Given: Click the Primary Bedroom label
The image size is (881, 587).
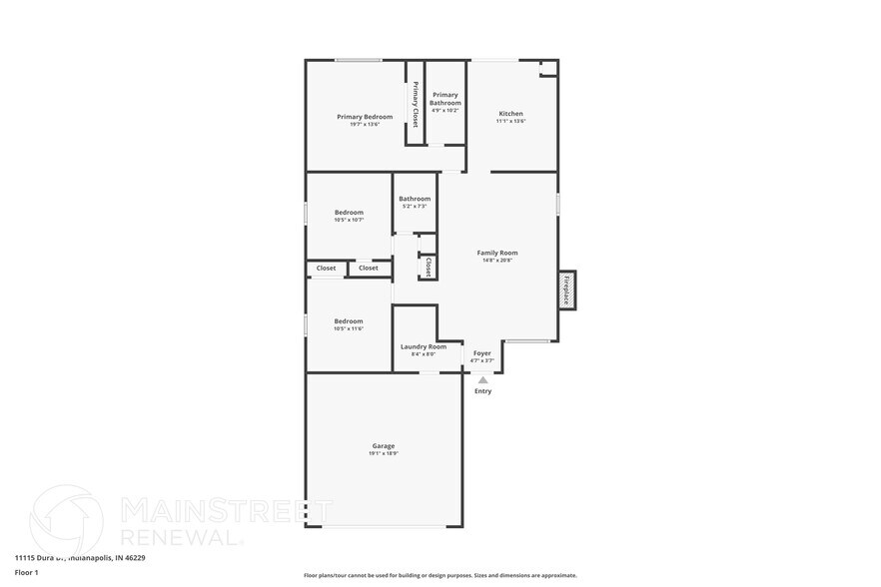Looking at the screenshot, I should coord(364,117).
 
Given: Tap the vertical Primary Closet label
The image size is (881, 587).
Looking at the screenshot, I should coord(416,104).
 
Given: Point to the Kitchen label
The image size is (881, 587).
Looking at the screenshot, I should coord(510,114).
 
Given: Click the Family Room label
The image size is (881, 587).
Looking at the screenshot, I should coord(496,253).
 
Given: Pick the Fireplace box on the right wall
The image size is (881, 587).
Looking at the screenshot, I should coord(566,290).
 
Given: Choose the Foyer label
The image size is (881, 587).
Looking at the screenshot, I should coord(481,352).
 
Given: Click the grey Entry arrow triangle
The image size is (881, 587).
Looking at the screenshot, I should coord(482,380).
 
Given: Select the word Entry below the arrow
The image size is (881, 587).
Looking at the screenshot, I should coord(482,391).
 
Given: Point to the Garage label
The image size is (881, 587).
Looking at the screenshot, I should coord(384,445).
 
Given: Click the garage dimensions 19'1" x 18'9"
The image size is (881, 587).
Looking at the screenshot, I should coord(384,453).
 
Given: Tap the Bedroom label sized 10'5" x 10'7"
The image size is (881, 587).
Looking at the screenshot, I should coord(349,212).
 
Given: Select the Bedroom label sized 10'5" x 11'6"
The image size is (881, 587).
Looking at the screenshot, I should coord(349,320).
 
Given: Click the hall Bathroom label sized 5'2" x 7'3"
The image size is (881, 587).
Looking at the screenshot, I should coord(415,199).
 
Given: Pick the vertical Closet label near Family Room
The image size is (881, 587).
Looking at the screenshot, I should coord(428,267).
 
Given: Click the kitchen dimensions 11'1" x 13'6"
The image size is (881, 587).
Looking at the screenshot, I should coord(510,121).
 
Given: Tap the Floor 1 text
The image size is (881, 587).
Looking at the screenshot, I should coord(26,572).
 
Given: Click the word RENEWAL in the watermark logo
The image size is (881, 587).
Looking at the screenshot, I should coord(181,536).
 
